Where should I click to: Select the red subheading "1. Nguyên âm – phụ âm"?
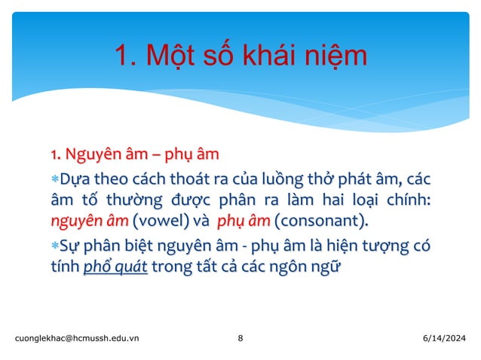pyautogui.click(x=135, y=157)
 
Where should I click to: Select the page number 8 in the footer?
pyautogui.click(x=240, y=339)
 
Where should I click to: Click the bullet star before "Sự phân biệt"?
pyautogui.click(x=55, y=246)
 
